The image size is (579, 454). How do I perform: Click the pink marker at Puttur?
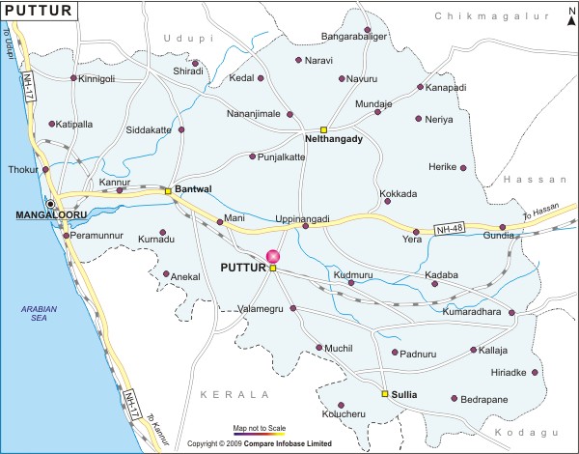point(273,256)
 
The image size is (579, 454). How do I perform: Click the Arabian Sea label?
point(41,314)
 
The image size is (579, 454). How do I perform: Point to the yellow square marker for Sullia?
point(384,394)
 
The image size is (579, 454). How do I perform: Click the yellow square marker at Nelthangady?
point(324,129)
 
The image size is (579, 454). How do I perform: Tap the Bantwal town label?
point(192,188)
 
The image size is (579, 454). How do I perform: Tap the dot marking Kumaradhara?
point(511,314)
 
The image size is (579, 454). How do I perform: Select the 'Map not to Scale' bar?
point(260,435)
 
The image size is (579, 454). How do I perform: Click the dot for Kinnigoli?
point(73,78)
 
